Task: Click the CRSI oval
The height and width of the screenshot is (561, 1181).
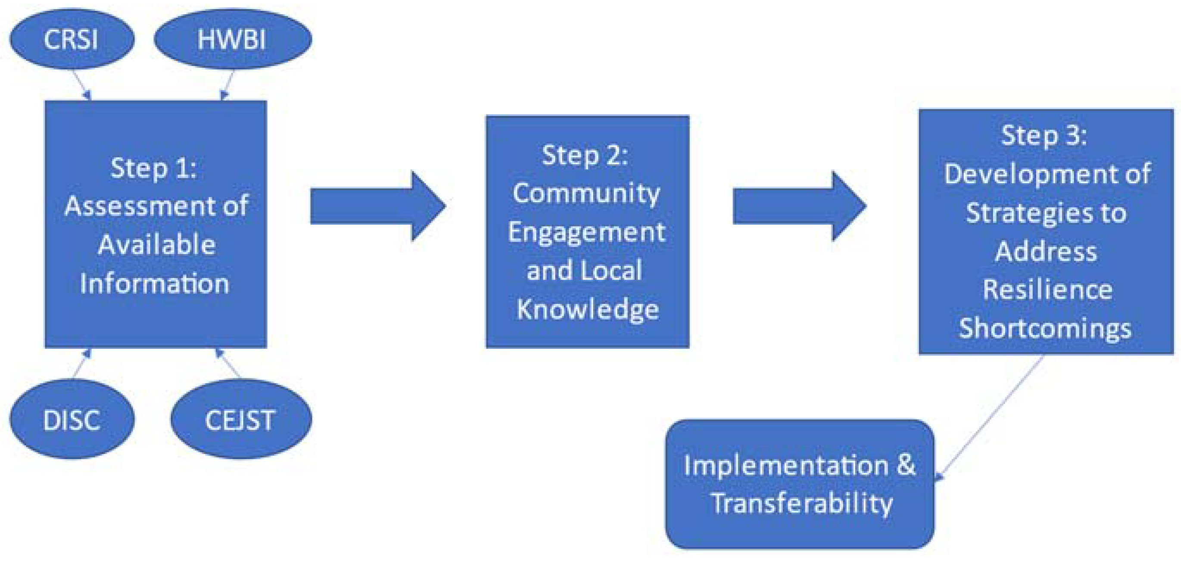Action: point(72,39)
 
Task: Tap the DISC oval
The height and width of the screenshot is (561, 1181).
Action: point(72,419)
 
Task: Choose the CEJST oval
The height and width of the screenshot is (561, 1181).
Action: point(241,419)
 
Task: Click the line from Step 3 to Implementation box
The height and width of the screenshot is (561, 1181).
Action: point(990,417)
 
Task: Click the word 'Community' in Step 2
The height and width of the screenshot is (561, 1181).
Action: point(586,193)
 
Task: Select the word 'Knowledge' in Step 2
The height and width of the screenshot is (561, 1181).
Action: point(588,309)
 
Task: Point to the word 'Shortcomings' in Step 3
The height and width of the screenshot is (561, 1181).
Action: point(1045,329)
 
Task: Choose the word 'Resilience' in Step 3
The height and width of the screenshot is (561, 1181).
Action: point(1047,290)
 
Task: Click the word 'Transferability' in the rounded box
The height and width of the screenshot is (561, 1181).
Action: point(801,503)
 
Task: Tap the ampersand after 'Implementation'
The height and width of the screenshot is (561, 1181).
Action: point(906,465)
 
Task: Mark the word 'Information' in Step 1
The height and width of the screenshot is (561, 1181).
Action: point(155,284)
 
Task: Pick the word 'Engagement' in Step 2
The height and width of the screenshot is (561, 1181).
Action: point(586,232)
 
